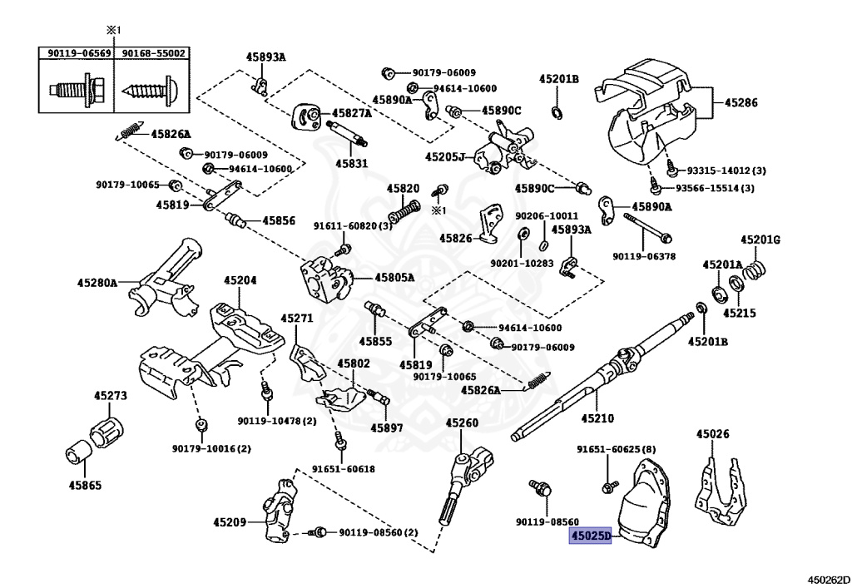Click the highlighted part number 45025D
point(590,536)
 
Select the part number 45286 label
point(741,102)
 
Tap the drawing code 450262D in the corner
point(826,580)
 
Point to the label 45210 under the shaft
point(597,418)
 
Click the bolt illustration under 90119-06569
point(76,88)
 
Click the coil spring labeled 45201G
point(755,268)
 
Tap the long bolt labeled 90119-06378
point(647,227)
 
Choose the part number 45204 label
point(240,280)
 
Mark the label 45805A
point(394,278)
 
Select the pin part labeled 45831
point(347,133)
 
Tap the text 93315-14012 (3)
point(726,170)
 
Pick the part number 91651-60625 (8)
point(617,449)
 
